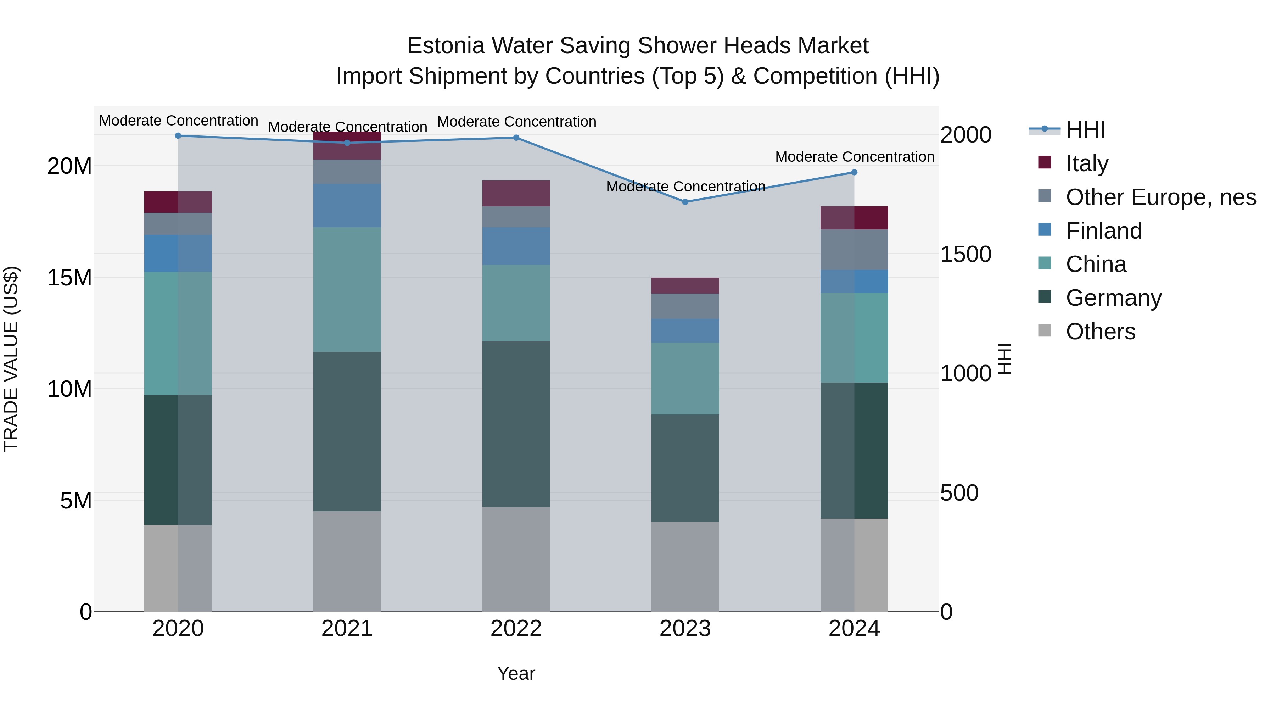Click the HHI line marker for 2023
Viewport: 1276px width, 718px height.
coord(685,202)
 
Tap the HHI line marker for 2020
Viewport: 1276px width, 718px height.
coord(178,136)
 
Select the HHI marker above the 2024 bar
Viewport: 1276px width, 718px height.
coord(854,172)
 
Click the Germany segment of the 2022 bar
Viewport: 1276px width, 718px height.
coord(516,424)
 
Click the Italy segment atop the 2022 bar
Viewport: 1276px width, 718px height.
coord(516,193)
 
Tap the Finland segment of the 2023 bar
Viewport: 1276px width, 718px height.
coord(685,330)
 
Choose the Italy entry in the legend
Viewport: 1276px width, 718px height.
coord(1087,163)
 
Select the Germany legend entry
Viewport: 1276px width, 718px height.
coord(1113,298)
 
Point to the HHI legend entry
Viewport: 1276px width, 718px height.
coord(1085,130)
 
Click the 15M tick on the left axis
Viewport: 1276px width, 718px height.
coord(69,278)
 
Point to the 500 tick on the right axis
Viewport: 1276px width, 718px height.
coord(959,493)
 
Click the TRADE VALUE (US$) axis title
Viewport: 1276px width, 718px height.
coord(11,359)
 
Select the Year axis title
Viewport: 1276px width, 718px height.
coord(516,673)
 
